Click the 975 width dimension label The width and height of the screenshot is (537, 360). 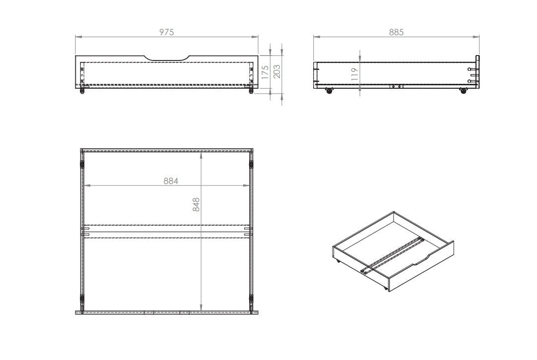167,32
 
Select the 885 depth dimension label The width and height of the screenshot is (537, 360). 396,32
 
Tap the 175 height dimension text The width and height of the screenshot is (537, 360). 266,72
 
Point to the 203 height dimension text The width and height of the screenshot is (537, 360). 277,72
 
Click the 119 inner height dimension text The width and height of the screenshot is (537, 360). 354,74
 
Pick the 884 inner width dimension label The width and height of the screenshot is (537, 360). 171,181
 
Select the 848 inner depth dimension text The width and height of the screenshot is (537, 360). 196,205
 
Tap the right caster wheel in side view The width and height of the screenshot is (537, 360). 464,90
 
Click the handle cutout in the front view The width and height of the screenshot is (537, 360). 167,59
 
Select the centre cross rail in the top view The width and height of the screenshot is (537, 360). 167,232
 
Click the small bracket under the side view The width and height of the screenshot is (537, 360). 396,86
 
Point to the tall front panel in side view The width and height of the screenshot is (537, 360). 477,72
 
